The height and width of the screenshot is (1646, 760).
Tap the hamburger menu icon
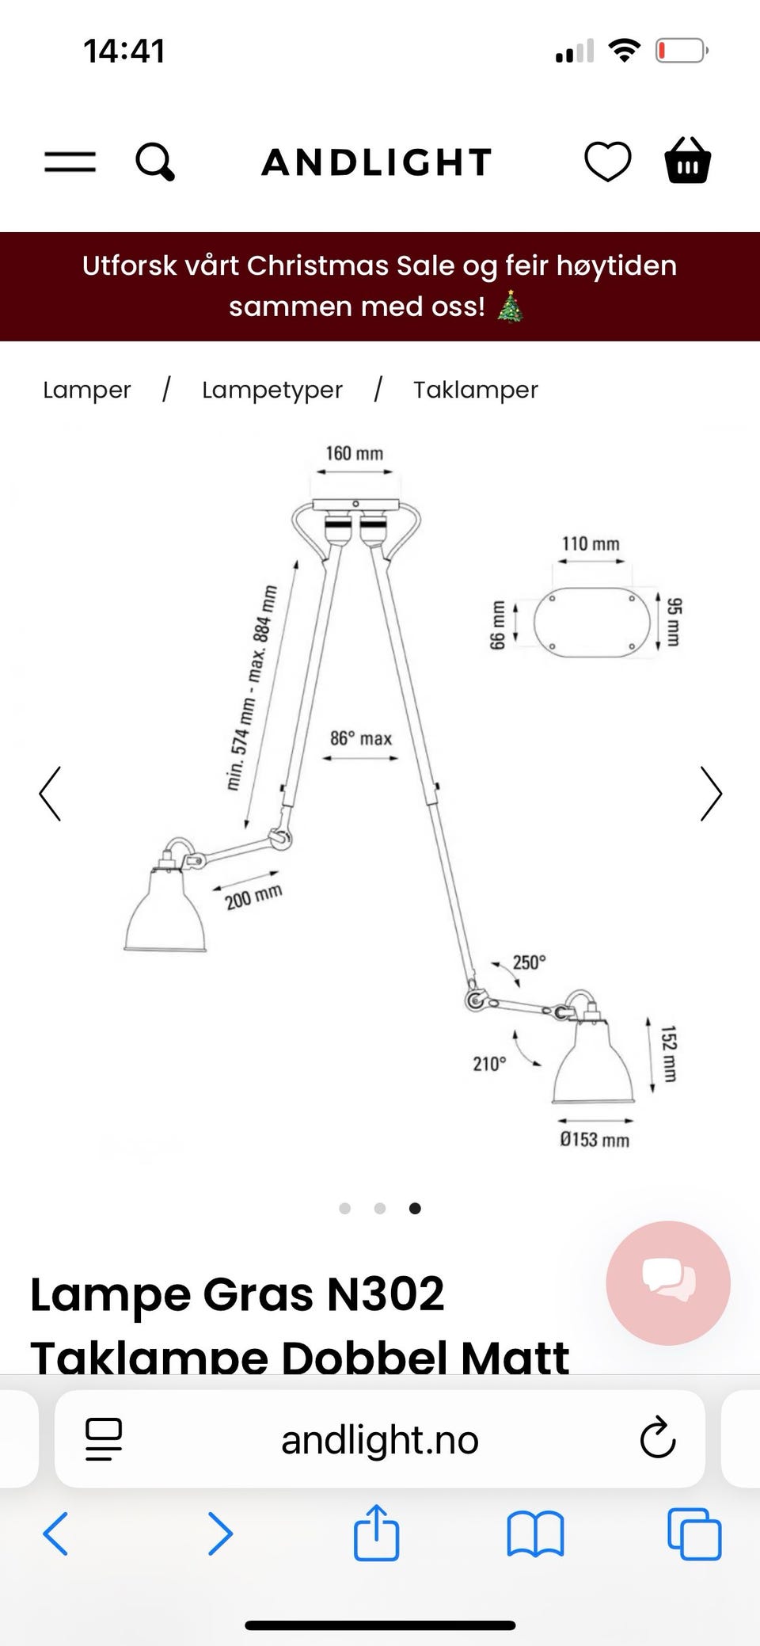[70, 162]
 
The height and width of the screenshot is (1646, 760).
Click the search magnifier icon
[155, 162]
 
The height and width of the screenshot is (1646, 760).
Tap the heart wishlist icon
[607, 162]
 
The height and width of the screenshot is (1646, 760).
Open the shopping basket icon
[687, 161]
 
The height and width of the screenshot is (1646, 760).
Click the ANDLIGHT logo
[377, 162]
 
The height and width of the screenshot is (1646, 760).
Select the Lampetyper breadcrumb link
[272, 390]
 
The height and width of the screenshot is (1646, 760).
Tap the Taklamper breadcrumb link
[476, 390]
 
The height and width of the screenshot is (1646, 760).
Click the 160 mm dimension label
[354, 453]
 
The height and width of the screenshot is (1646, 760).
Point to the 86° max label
[361, 738]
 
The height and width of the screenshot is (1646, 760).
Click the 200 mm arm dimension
[253, 897]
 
